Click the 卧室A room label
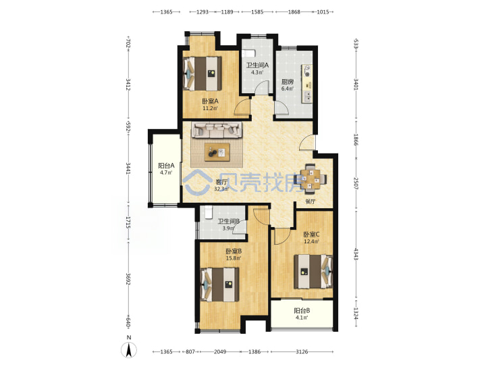tap(211, 101)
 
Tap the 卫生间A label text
tap(257, 66)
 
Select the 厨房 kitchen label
tap(288, 82)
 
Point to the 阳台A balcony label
tap(166, 166)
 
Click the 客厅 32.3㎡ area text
tap(222, 189)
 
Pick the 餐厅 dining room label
tap(310, 201)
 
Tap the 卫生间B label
tap(228, 222)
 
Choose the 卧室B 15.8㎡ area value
tap(234, 258)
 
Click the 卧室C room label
tap(311, 235)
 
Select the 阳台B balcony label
tap(302, 311)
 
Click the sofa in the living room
tap(217, 130)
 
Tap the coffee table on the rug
tap(217, 152)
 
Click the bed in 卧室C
tap(313, 272)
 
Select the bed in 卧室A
tap(202, 74)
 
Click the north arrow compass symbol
tap(129, 350)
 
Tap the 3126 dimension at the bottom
tap(302, 351)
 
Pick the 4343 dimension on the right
tap(356, 254)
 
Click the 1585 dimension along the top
tap(257, 11)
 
